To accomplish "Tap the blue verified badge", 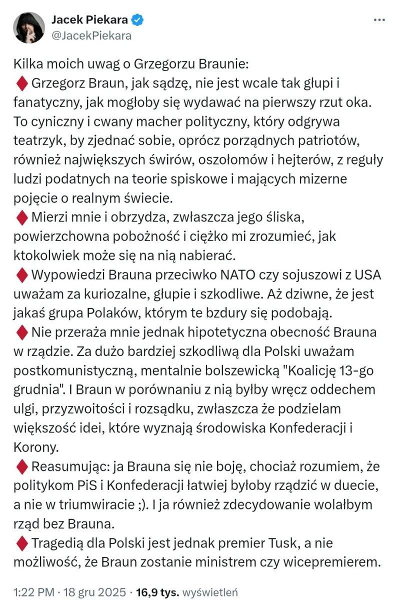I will click(137, 20).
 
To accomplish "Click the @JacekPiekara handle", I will click(91, 35).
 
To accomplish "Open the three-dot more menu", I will click(379, 20).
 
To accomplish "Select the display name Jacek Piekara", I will click(89, 20).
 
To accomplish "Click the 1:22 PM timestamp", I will click(33, 592).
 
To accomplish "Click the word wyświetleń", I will click(210, 592).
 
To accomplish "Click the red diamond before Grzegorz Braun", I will click(22, 83).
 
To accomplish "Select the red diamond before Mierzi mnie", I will click(22, 217).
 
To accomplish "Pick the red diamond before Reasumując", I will click(22, 467).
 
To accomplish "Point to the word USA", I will click(368, 274).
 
